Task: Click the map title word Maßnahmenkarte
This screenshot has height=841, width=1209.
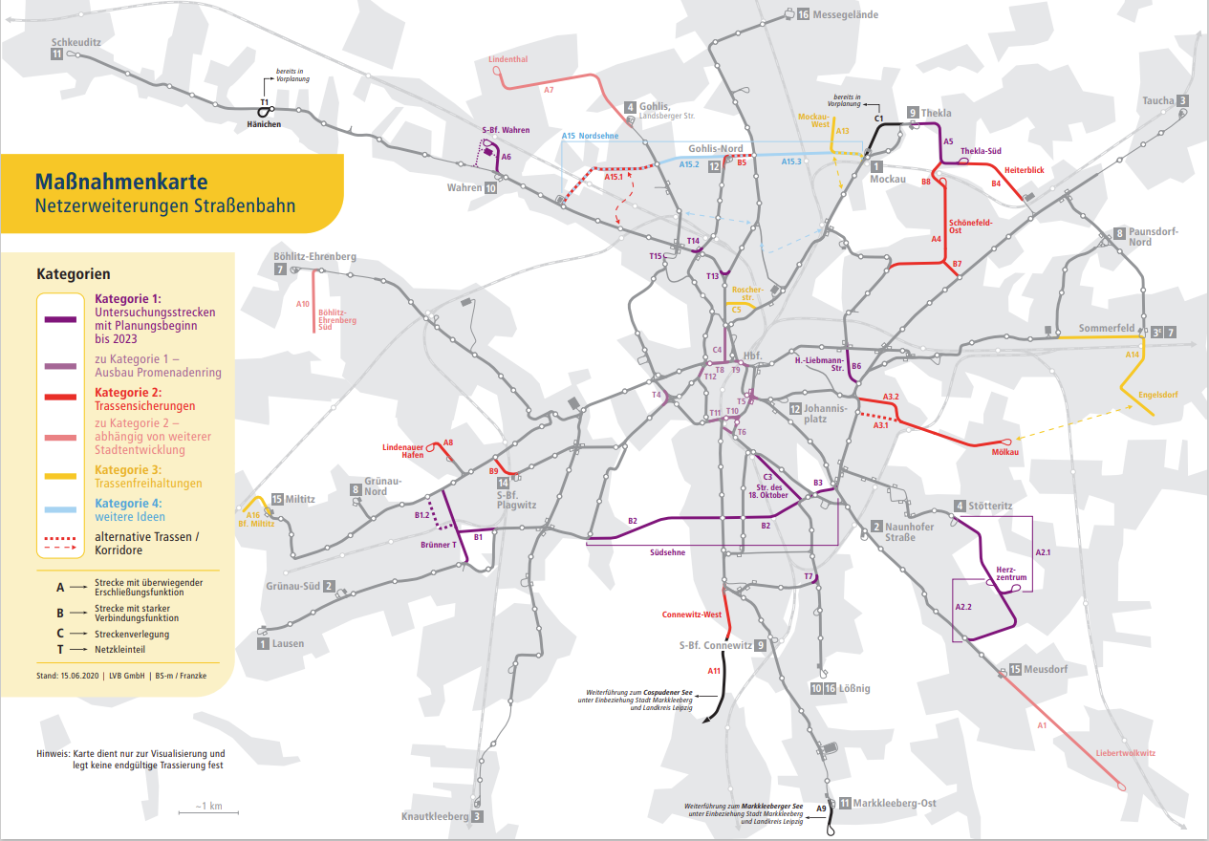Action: (120, 181)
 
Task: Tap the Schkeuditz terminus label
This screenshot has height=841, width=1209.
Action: (76, 43)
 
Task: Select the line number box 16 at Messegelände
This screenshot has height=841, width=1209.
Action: (803, 14)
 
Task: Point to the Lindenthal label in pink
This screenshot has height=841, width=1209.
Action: (507, 59)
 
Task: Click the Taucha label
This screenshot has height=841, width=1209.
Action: (1157, 101)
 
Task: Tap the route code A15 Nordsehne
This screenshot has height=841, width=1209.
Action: (590, 136)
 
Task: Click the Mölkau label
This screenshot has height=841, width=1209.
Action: (1006, 452)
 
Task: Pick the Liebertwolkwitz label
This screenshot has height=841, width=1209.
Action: (1126, 753)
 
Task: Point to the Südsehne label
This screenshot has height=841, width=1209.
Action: (668, 551)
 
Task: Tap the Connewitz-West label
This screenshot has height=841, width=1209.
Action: (692, 614)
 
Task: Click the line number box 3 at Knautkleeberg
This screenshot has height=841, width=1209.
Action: (477, 816)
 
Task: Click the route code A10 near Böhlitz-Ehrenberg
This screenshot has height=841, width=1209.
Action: (303, 304)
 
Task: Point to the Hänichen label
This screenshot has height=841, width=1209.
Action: (264, 125)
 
